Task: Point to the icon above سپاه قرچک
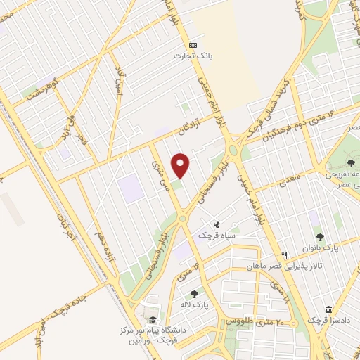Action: (217, 224)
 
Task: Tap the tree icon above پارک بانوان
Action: (321, 238)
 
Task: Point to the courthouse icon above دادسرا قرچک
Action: (329, 309)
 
